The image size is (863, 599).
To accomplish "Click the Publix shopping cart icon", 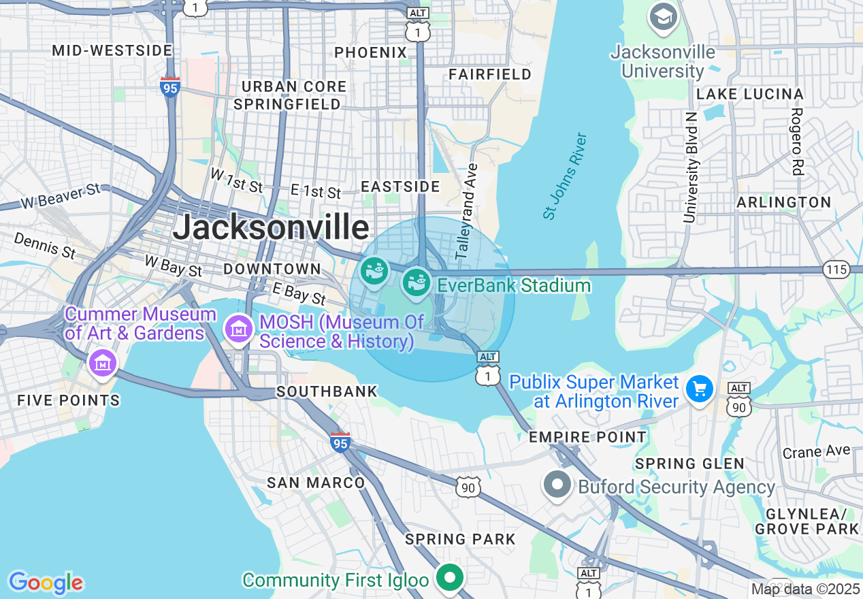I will [x=699, y=389].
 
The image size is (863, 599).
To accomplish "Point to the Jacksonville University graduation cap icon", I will [x=663, y=17].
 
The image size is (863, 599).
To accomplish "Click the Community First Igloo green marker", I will [x=449, y=579].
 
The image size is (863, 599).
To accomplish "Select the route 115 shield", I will [x=836, y=270].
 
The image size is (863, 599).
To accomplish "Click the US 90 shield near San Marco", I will [x=468, y=487].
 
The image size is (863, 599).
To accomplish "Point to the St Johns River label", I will [x=565, y=176].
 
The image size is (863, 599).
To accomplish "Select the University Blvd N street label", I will [x=691, y=167].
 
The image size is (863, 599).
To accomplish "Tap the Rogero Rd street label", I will [x=797, y=142].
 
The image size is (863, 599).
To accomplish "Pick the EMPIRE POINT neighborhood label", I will [x=587, y=437].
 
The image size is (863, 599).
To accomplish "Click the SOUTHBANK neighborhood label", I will [x=327, y=391].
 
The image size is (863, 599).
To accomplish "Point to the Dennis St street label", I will [x=45, y=246].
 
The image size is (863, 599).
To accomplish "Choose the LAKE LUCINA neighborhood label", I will [x=750, y=94].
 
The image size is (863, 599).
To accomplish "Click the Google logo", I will [x=46, y=583].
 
